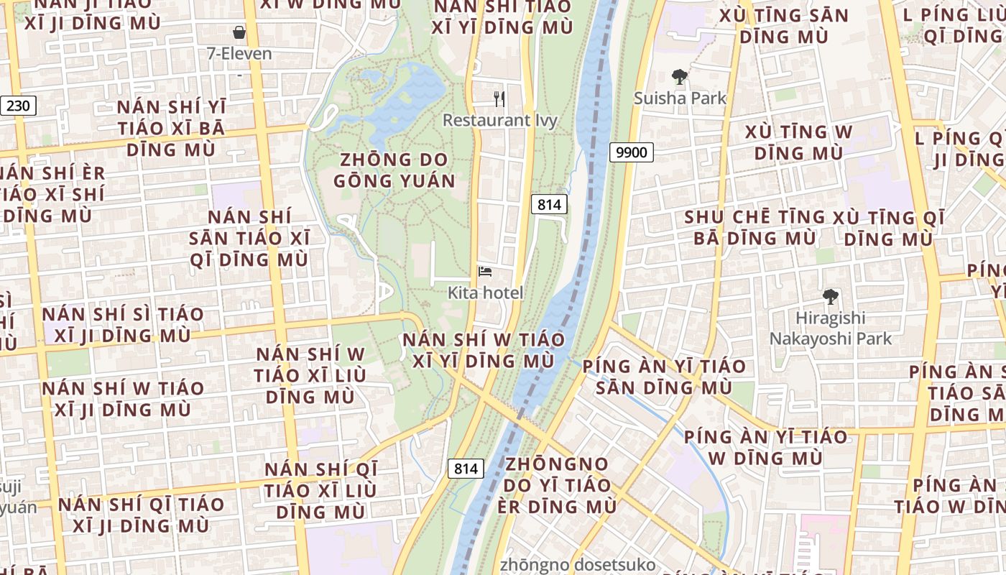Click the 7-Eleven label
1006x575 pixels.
[239, 54]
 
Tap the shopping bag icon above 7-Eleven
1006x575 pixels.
[239, 32]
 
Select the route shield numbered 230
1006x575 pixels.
[18, 106]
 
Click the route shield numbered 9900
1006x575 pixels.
[632, 152]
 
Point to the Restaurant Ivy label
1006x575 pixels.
[500, 120]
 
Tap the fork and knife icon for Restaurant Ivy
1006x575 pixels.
[499, 99]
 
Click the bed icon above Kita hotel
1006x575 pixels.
[485, 272]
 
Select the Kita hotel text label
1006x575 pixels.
[485, 293]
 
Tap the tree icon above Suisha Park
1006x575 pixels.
[679, 76]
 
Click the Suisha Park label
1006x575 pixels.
[680, 98]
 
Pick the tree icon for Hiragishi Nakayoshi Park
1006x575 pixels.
[830, 296]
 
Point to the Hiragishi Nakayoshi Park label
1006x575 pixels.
[830, 328]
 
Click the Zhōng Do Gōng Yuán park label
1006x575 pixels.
[394, 170]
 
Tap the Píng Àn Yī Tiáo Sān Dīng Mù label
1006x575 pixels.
[664, 377]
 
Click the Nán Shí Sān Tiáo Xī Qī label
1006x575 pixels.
[249, 238]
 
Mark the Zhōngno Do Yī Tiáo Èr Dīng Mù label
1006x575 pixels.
[557, 485]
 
